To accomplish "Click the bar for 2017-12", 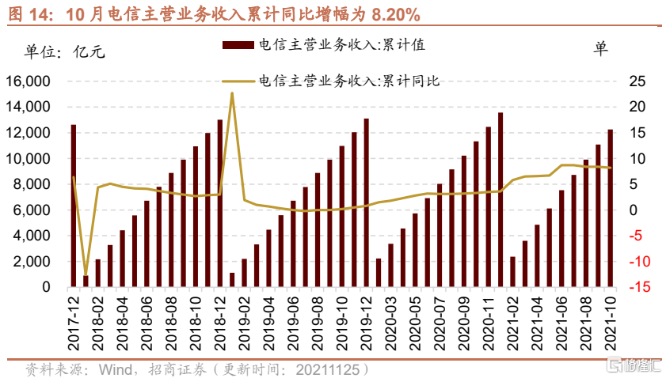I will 74,206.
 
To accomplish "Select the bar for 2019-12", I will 366,202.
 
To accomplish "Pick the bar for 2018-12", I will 220,203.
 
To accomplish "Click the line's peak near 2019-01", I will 232,93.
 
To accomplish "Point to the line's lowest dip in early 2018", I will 86,274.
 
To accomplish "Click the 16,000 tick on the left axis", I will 28,81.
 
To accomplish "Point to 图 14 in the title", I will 32,14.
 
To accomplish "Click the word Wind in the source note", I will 114,369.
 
